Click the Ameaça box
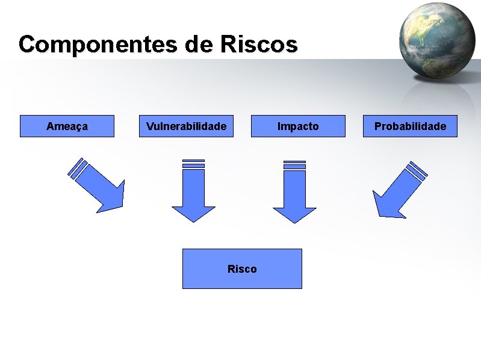pos(67,126)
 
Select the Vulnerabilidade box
pos(187,126)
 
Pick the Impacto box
pos(298,126)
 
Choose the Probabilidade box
pos(410,126)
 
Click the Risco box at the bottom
pos(242,268)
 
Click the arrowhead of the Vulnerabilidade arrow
pos(193,213)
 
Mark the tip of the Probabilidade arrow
pos(380,214)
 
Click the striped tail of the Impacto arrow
pos(294,164)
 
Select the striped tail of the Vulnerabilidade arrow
pos(193,164)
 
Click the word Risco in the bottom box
pos(242,269)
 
